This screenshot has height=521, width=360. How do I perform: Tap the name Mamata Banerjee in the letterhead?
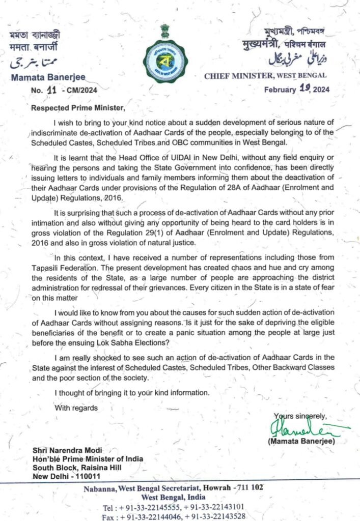tap(47, 78)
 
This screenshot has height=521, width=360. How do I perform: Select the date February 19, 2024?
tap(296, 90)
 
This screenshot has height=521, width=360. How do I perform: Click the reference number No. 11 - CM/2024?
tap(63, 90)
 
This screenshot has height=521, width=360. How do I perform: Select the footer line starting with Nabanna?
tap(173, 487)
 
